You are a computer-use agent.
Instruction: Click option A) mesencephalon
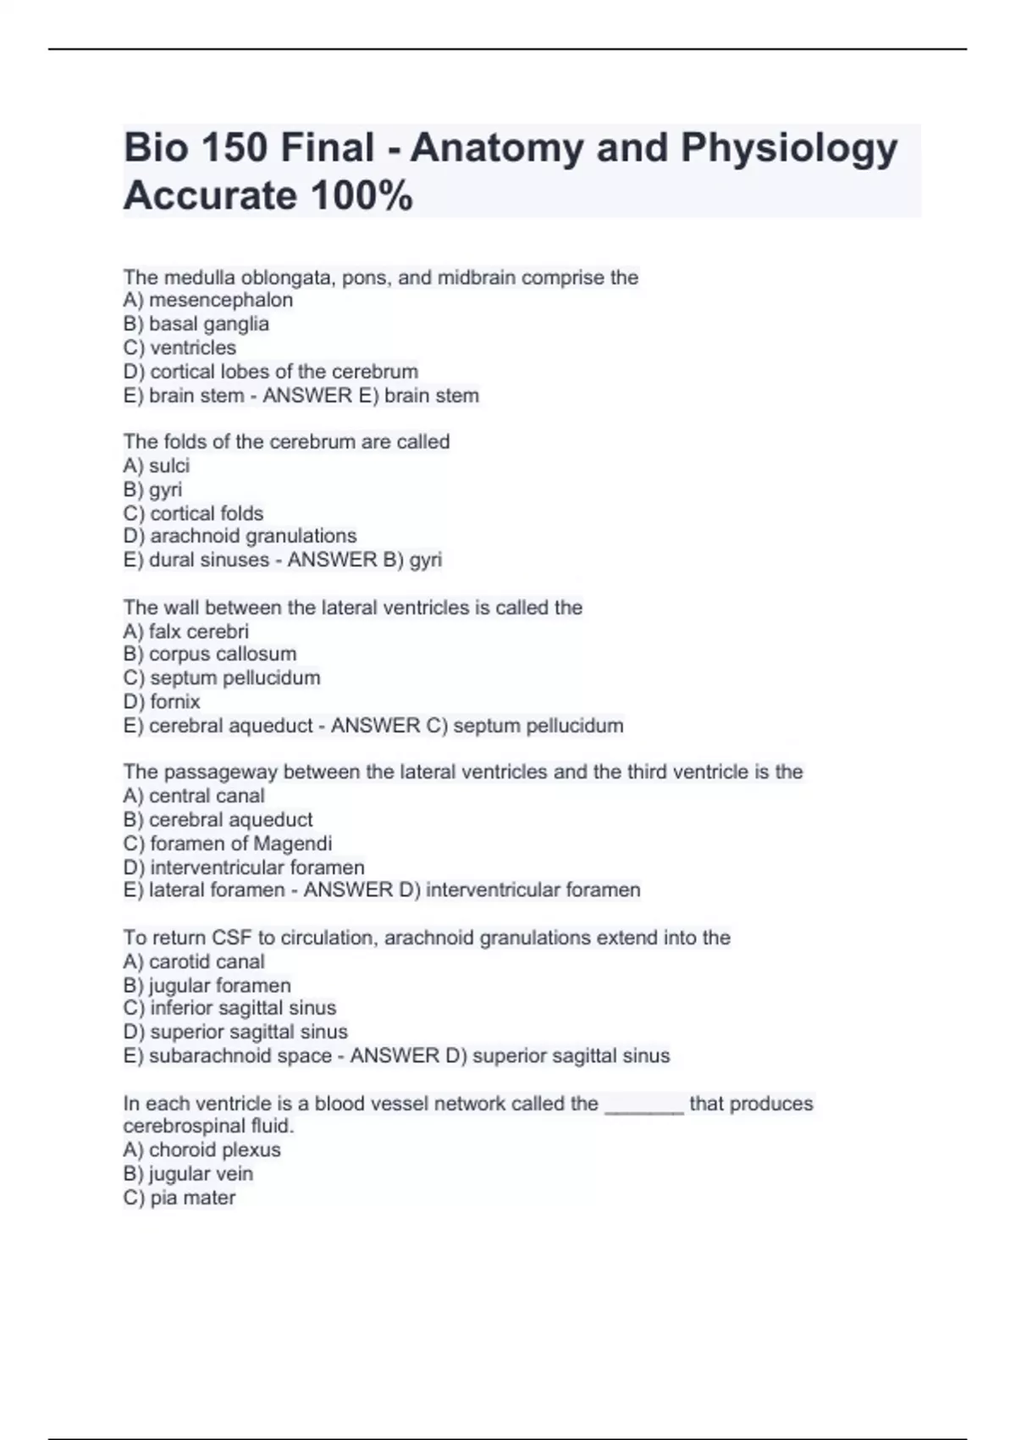208,300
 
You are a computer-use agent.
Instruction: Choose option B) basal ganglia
196,324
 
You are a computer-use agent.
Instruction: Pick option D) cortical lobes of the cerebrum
271,371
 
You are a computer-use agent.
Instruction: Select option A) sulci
157,465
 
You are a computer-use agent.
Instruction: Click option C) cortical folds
193,512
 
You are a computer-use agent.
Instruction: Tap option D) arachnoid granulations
240,535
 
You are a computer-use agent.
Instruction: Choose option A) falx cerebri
186,631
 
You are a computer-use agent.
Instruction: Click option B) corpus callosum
210,654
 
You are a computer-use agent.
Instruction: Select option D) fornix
162,701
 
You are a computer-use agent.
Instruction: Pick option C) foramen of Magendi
228,843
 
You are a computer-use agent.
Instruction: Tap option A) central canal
194,795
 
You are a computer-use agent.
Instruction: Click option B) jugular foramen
207,985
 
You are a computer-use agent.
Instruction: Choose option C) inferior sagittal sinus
229,1008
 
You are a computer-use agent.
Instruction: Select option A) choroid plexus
202,1149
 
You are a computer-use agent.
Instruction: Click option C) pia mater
179,1197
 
